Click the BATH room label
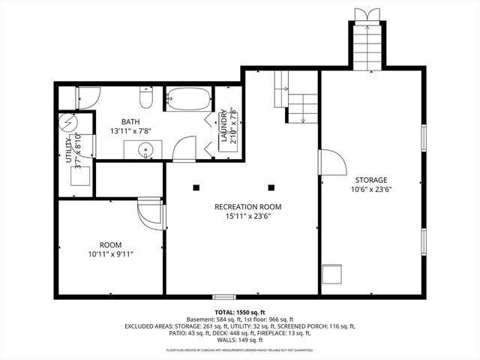coord(131,121)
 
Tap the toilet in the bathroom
coord(147,98)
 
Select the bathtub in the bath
coord(188,99)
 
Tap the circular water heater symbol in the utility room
coord(68,122)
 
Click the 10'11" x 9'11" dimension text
coord(111,254)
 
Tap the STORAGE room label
coord(371,180)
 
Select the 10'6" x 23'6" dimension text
coord(371,190)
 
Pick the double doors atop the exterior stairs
coord(367,16)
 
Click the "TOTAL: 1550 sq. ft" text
coord(239,312)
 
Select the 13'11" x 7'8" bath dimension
coord(131,131)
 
